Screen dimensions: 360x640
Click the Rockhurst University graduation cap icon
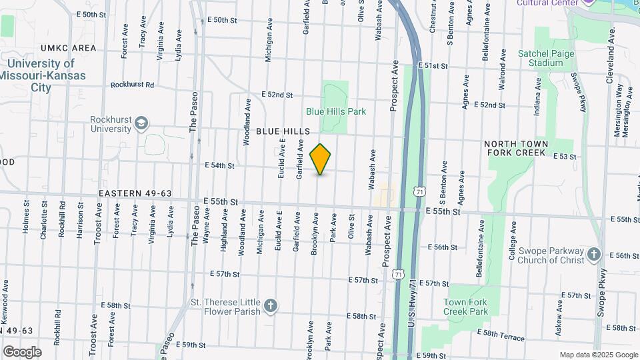[141, 123]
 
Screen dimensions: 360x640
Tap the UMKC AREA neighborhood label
[68, 48]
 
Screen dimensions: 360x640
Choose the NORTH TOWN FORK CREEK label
[516, 149]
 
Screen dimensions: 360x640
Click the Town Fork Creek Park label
[466, 307]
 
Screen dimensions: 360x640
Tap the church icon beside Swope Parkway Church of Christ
[594, 255]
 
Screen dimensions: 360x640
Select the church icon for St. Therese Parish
[270, 305]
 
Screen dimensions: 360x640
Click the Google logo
[22, 352]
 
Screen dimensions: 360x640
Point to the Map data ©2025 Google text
[598, 355]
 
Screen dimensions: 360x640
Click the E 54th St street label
[221, 165]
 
